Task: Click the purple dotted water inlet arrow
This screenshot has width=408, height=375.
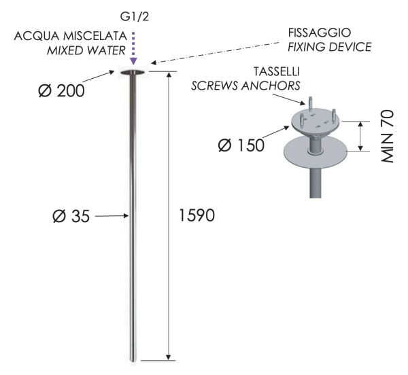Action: (x=133, y=46)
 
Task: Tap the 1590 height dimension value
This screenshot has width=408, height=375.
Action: (x=197, y=216)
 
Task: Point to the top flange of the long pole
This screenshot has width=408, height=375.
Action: (x=133, y=71)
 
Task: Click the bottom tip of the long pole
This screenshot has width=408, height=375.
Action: (x=133, y=358)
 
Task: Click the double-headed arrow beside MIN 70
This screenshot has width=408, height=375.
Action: (x=358, y=136)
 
